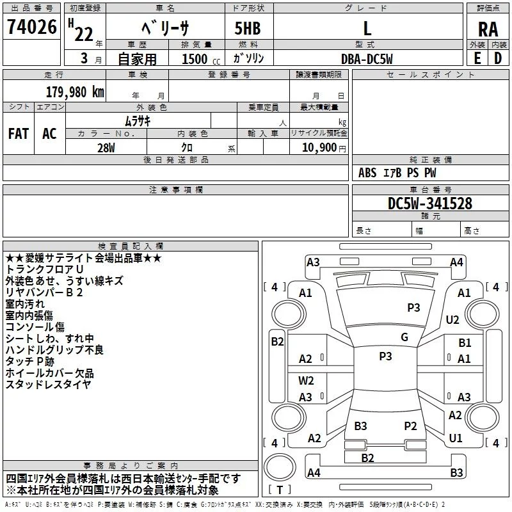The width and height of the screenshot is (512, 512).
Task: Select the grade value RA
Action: (488, 29)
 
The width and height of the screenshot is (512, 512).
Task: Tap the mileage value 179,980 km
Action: (75, 92)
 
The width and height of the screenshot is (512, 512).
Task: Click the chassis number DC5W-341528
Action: (430, 204)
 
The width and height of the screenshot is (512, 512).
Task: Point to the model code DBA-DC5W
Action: (367, 59)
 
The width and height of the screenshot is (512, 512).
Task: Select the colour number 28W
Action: (106, 147)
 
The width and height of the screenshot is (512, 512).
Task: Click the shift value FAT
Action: (19, 134)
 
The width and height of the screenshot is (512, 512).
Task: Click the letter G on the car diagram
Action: (404, 337)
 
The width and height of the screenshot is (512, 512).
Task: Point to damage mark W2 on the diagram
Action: (307, 380)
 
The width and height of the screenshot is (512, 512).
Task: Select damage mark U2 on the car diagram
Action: (452, 319)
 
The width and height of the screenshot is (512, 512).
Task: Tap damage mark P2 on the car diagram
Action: (410, 426)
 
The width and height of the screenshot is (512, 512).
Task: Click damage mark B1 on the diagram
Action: (465, 343)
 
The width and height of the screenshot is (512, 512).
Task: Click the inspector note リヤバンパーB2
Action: (44, 292)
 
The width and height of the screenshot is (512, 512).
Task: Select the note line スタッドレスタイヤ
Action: (48, 385)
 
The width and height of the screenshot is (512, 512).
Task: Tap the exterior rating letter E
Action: (477, 58)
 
